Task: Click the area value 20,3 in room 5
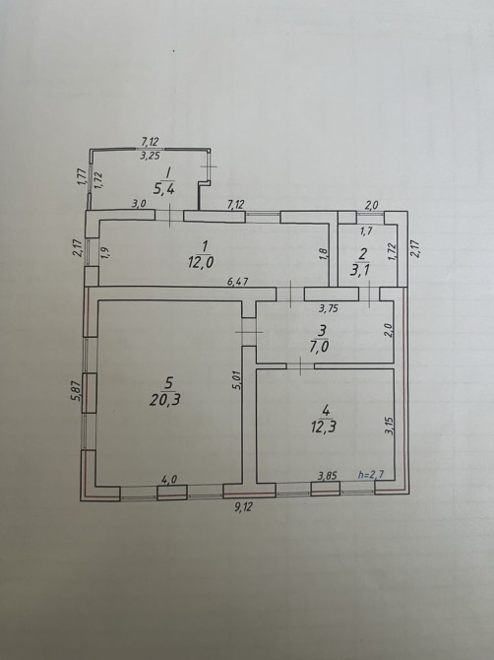164,399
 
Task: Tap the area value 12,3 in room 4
325,427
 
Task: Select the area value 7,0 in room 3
322,347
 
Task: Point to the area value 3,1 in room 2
361,269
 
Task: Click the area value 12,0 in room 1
201,262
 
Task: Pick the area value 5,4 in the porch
164,188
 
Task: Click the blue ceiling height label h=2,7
370,475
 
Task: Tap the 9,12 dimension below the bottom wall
243,506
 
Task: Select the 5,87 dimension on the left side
76,391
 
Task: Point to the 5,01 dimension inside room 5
237,380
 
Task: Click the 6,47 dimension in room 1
237,281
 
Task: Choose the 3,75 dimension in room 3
329,308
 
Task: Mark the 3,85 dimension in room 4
328,476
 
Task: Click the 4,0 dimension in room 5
169,479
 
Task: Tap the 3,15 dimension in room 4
390,426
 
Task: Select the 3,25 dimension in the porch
151,156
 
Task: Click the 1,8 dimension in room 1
324,253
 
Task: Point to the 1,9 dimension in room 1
105,252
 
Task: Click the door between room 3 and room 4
300,365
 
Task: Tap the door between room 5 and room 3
249,332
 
